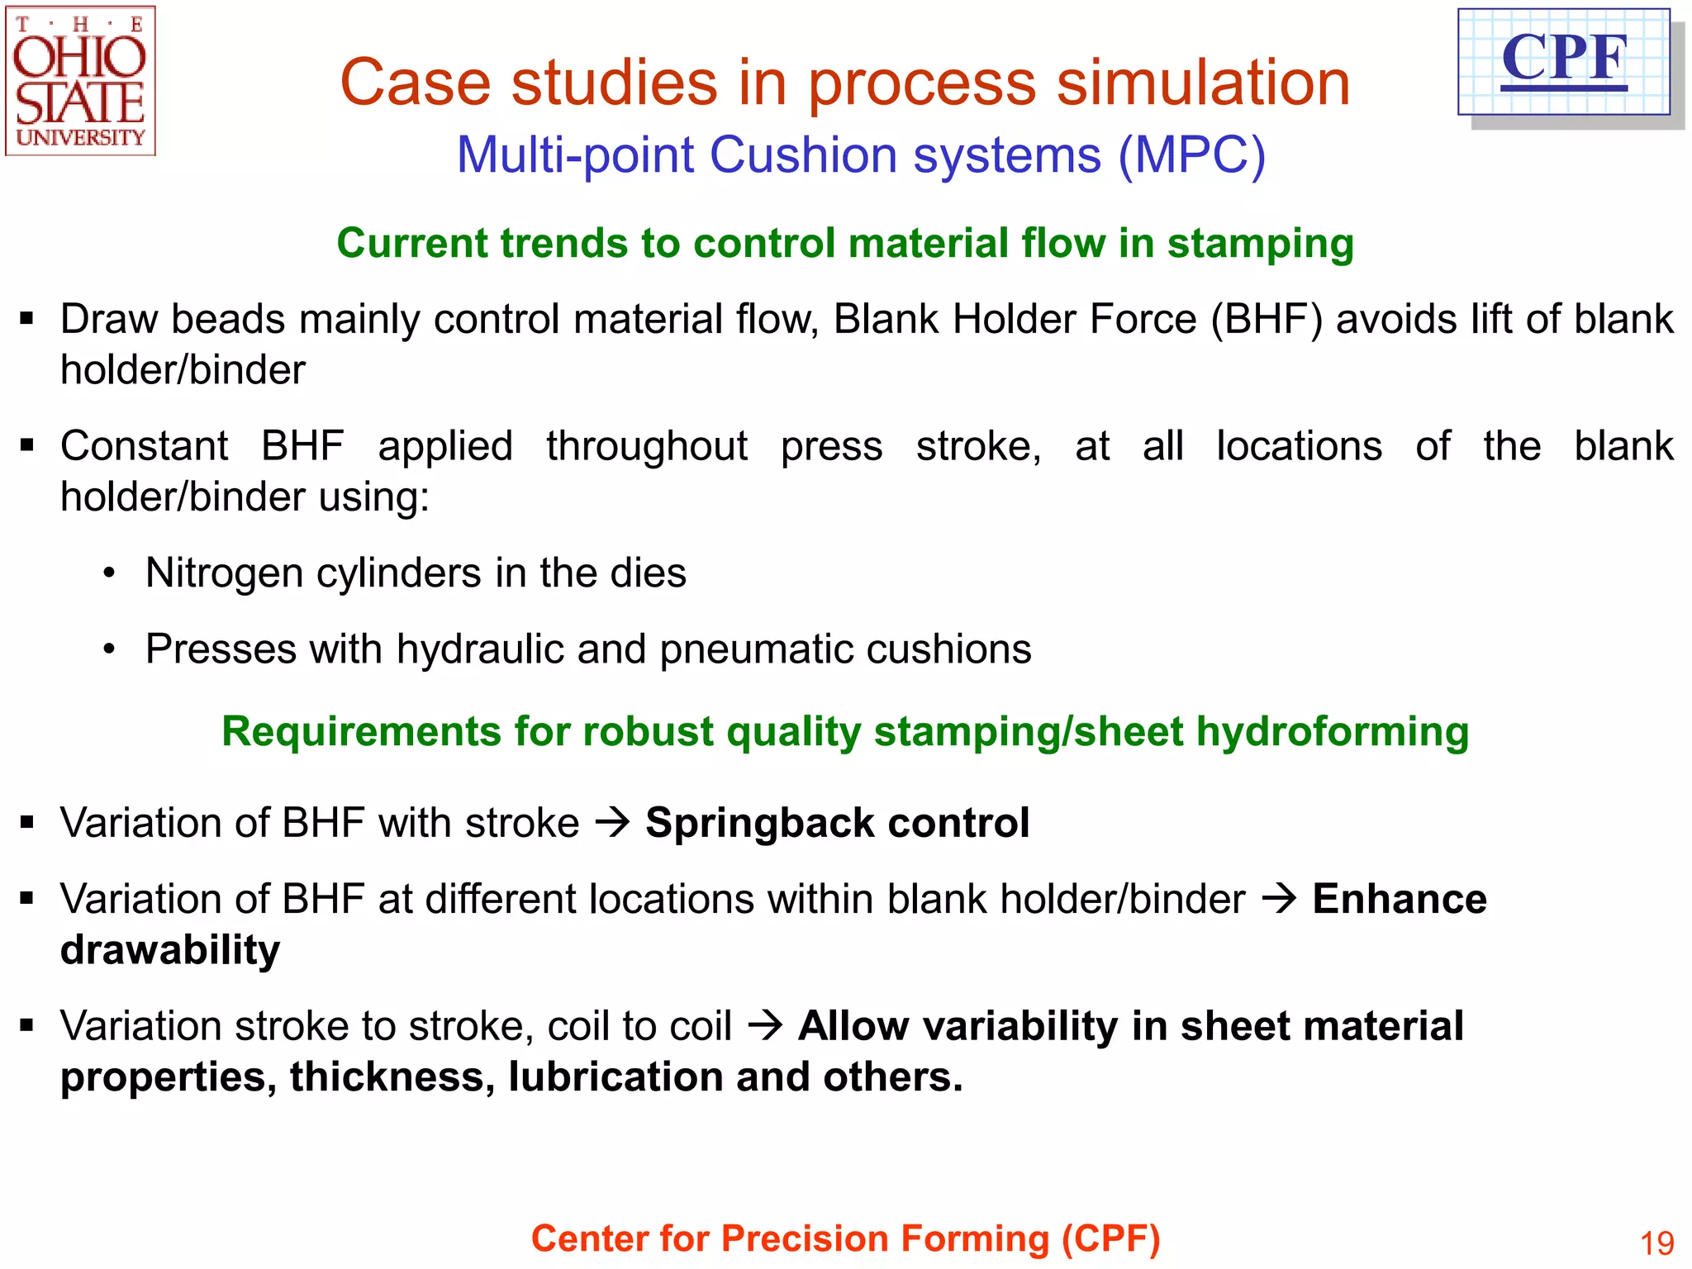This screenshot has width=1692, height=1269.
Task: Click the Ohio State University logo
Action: (x=80, y=81)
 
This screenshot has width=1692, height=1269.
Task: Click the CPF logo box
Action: (x=1563, y=62)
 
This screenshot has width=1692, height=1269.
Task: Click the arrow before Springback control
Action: (x=612, y=823)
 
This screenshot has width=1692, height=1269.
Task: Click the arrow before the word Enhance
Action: (x=1279, y=899)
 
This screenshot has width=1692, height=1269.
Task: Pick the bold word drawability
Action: (x=170, y=950)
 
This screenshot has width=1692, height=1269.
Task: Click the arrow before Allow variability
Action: (x=764, y=1026)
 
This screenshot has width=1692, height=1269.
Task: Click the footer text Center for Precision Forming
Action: (x=845, y=1239)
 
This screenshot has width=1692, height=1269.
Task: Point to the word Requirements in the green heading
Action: (x=360, y=732)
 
